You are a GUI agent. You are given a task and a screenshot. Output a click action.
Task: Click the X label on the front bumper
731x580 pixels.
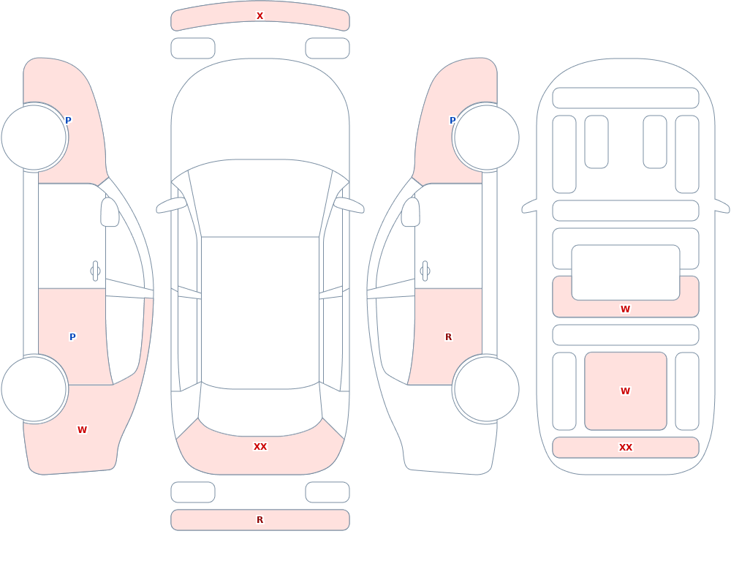click(260, 16)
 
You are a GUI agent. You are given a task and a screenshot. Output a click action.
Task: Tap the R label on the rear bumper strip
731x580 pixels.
click(260, 520)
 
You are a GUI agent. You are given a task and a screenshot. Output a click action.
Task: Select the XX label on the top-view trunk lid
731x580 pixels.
click(260, 447)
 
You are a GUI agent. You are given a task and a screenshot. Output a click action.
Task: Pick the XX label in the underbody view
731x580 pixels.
click(626, 448)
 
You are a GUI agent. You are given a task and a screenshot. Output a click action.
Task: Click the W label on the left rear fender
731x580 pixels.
click(82, 430)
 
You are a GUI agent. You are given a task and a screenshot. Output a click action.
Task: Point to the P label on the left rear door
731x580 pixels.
click(72, 337)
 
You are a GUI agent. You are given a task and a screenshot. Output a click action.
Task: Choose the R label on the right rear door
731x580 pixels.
click(449, 337)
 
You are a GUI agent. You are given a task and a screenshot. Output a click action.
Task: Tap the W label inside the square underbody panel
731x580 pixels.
click(626, 391)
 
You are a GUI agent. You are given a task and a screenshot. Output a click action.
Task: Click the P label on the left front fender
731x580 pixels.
click(68, 121)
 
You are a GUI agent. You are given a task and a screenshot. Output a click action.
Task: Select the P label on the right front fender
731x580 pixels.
click(452, 121)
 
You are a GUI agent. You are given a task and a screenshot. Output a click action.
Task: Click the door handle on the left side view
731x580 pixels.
click(95, 271)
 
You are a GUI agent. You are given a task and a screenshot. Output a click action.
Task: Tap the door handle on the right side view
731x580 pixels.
click(425, 271)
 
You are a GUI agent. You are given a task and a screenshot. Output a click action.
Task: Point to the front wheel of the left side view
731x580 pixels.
click(34, 138)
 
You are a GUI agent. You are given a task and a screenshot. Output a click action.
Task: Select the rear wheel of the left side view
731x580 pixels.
click(34, 388)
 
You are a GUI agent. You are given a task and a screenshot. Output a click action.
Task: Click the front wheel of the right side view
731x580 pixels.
click(486, 138)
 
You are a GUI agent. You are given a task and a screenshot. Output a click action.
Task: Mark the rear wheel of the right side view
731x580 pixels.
click(486, 388)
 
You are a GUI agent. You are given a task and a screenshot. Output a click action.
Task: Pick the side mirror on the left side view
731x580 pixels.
click(110, 212)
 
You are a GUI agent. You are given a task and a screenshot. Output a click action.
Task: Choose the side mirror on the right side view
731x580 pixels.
click(411, 212)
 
